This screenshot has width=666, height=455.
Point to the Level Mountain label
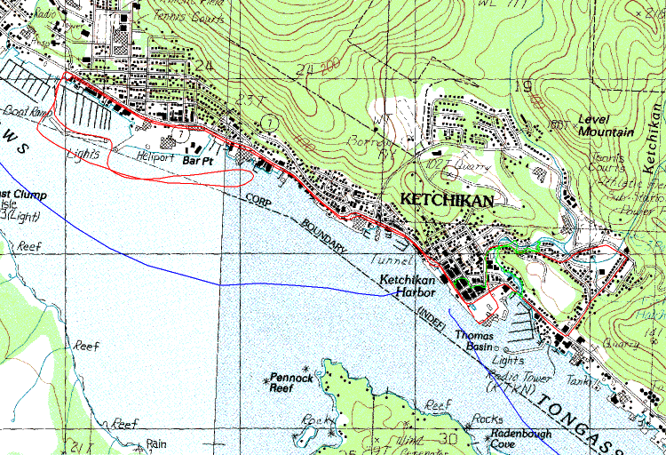(x=605, y=125)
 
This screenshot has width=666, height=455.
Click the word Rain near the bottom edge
(x=156, y=443)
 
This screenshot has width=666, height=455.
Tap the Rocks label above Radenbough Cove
(x=488, y=419)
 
